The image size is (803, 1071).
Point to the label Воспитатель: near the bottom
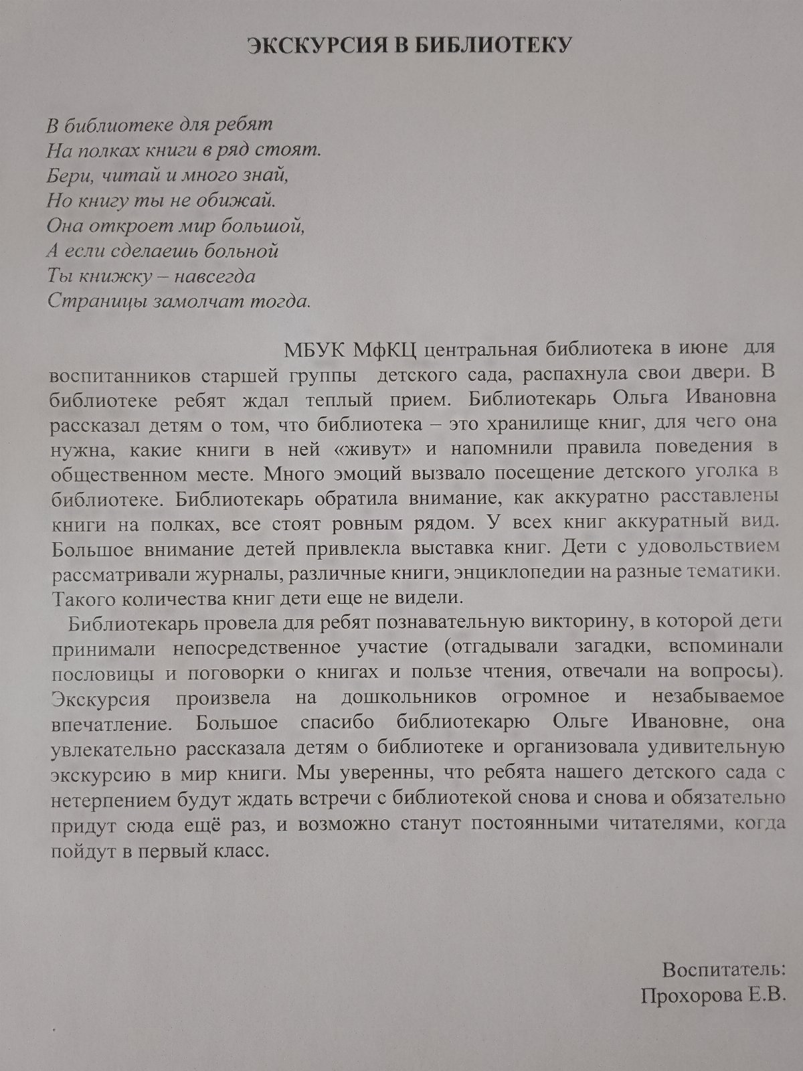pos(723,969)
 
